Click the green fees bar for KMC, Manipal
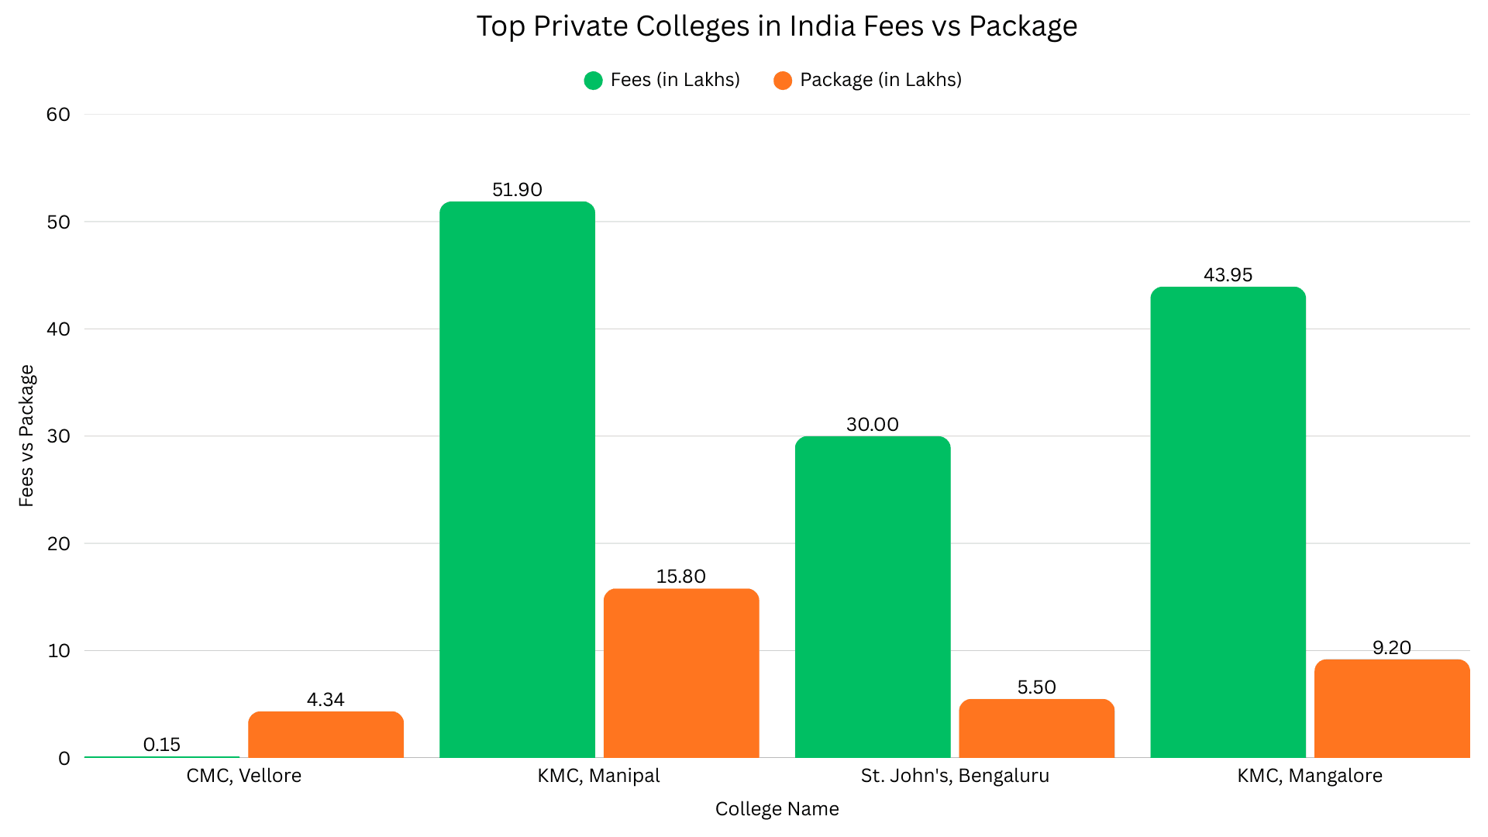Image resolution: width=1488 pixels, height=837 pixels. pyautogui.click(x=517, y=480)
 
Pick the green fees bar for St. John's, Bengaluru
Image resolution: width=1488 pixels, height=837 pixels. pyautogui.click(x=873, y=597)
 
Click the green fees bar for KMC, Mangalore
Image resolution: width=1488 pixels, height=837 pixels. pyautogui.click(x=1228, y=522)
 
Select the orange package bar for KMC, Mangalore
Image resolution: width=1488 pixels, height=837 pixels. pyautogui.click(x=1392, y=708)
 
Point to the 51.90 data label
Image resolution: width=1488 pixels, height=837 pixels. pyautogui.click(x=517, y=190)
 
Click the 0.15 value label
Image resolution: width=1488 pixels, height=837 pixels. pyautogui.click(x=162, y=745)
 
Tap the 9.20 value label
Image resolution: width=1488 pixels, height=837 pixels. pyautogui.click(x=1392, y=648)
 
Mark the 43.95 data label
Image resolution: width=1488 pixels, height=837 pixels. pyautogui.click(x=1228, y=275)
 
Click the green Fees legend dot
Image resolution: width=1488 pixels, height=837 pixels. pyautogui.click(x=593, y=81)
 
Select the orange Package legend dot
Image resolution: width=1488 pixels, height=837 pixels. pyautogui.click(x=783, y=81)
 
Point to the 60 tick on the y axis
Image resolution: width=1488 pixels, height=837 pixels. pyautogui.click(x=58, y=115)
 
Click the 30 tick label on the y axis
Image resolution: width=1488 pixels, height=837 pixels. pyautogui.click(x=58, y=436)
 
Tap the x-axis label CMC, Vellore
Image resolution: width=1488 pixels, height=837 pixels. pyautogui.click(x=243, y=776)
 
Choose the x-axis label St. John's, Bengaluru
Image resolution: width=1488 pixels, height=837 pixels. pyautogui.click(x=955, y=776)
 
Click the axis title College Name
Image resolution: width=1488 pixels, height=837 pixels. pyautogui.click(x=777, y=809)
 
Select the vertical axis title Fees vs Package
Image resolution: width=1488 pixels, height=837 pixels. pyautogui.click(x=26, y=436)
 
